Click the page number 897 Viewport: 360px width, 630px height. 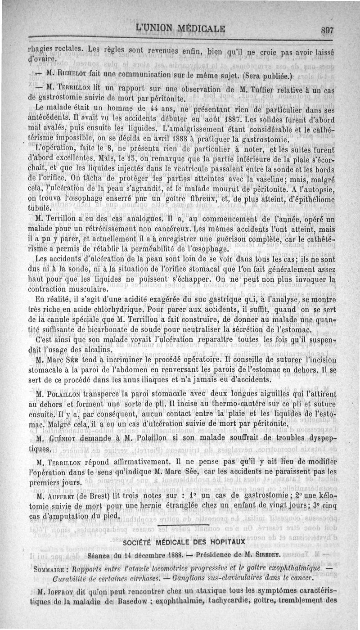point(333,31)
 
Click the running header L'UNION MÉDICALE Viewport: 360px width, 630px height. point(180,29)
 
